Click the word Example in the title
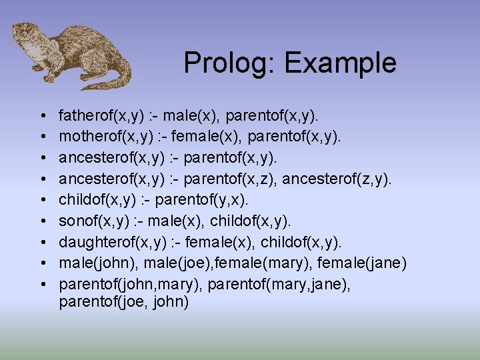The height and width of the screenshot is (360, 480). point(340,64)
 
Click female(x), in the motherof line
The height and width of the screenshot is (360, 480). point(199,138)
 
